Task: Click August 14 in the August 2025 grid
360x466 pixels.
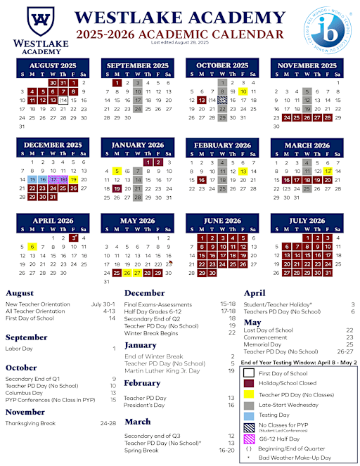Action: (x=63, y=101)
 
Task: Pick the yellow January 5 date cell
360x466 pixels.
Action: (x=117, y=171)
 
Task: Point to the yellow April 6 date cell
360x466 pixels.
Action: (x=32, y=247)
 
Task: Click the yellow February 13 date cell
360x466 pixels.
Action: (x=243, y=171)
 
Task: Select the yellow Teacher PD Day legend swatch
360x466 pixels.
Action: (x=249, y=394)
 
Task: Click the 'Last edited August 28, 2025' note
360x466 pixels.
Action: (x=179, y=43)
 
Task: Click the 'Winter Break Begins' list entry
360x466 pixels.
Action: (x=152, y=333)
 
